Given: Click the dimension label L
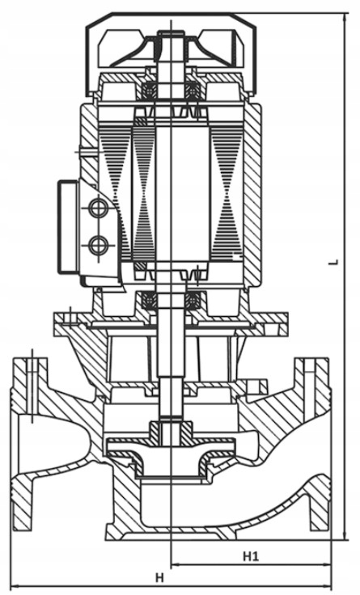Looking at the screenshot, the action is [x=335, y=261].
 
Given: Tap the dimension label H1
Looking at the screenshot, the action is [x=251, y=557].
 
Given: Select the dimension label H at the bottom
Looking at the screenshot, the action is [x=160, y=578].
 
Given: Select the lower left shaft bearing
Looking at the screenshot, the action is [x=149, y=301].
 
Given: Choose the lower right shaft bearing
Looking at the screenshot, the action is [x=193, y=301].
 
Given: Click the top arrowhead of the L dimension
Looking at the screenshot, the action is [x=345, y=18].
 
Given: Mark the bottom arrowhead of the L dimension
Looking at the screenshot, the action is [x=345, y=535].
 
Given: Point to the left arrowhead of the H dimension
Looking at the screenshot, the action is [x=15, y=587].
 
